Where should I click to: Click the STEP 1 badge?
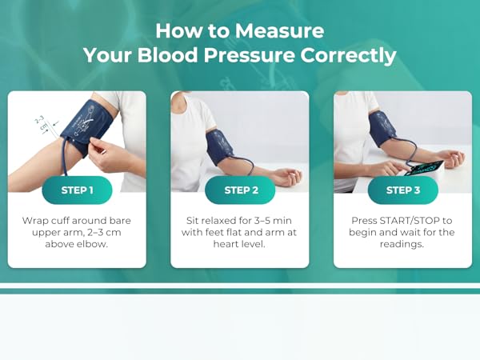tap(77, 190)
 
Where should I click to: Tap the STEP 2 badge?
tap(240, 190)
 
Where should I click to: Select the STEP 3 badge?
tap(402, 190)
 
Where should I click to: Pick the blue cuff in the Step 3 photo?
tap(382, 128)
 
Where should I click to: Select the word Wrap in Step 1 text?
tap(35, 220)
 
